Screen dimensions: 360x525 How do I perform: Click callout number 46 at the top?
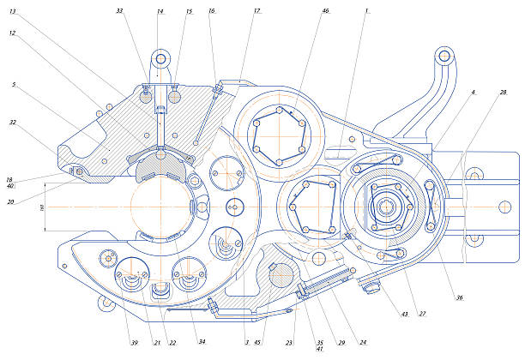[325, 12]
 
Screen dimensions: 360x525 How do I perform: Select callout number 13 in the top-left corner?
[12, 12]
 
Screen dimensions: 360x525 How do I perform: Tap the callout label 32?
[13, 123]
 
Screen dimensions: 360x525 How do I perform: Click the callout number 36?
[459, 298]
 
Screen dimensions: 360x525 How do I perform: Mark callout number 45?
[257, 343]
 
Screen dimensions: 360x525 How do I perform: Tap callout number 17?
[256, 12]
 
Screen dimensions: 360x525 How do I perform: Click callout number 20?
[10, 201]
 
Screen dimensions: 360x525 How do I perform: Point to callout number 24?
[363, 343]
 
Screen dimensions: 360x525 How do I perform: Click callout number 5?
[15, 85]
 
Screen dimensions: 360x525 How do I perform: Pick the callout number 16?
[212, 12]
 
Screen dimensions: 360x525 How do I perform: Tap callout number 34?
[202, 343]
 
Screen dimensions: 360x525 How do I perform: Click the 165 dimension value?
[41, 207]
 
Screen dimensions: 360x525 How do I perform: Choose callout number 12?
[12, 33]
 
